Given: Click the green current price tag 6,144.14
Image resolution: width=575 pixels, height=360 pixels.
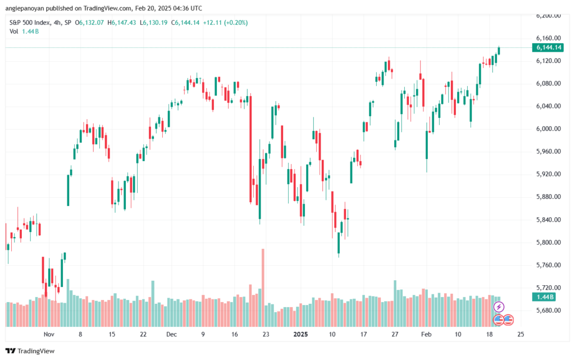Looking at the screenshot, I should point(546,48).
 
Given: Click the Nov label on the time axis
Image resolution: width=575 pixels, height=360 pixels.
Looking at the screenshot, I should point(48,334).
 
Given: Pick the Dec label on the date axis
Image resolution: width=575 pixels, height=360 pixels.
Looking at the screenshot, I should point(172,334).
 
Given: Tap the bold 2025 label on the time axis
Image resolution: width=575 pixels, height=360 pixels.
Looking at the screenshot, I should point(301,334).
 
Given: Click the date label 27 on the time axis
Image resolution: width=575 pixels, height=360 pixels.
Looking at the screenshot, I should point(395,334).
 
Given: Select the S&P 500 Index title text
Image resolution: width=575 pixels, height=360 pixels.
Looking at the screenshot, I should point(34,22).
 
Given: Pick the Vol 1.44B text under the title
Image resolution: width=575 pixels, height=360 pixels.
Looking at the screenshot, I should point(25,31).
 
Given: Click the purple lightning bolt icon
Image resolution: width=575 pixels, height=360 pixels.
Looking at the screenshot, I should point(499,307).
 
